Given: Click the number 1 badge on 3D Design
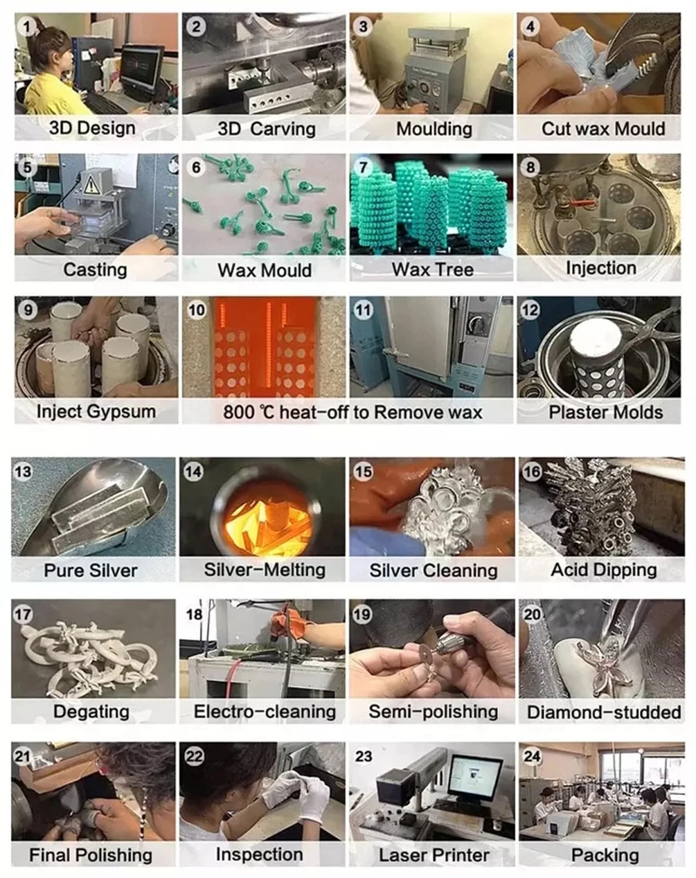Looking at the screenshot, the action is pos(27,27).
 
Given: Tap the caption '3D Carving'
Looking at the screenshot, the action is pos(267,129).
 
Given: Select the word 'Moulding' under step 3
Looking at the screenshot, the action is pos(434,129).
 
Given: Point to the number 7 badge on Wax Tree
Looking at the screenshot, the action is pos(364,167).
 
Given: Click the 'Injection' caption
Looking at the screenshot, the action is pos(601,268).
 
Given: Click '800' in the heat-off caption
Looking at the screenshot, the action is pos(238,412).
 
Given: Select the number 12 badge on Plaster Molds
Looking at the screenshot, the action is pos(530,310).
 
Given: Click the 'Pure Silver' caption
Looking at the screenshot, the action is pos(91,571).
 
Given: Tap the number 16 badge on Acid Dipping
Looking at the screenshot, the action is pos(532,472).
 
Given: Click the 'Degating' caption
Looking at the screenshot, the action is pos(91,712).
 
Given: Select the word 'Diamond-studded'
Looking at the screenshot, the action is pos(604,713).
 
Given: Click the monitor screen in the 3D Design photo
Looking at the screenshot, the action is pos(141,69).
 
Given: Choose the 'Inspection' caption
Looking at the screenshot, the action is pos(260,854).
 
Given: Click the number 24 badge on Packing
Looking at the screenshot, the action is pos(532,756).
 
